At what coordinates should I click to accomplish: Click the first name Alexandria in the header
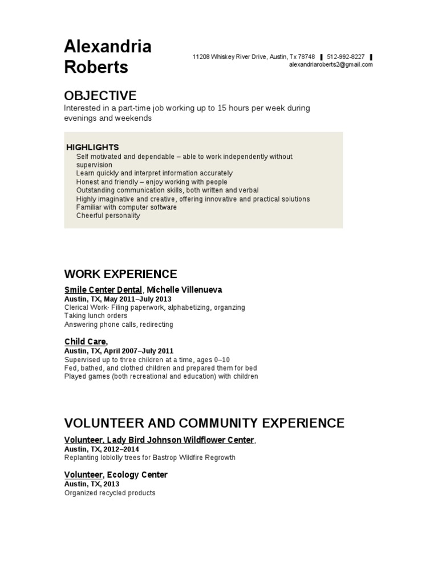click(107, 46)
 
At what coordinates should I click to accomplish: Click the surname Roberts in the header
click(96, 67)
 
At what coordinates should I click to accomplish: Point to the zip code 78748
click(306, 57)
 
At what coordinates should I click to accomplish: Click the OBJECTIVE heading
click(100, 95)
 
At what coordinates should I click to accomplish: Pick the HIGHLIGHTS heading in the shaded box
click(92, 147)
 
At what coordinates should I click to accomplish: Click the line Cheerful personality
click(108, 216)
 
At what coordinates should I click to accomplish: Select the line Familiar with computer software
click(126, 207)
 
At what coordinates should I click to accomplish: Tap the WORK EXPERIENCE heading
click(120, 274)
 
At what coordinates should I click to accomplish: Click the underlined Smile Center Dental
click(103, 290)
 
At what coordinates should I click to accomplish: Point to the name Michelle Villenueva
click(185, 290)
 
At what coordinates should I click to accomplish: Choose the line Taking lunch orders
click(96, 315)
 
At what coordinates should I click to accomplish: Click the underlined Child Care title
click(85, 342)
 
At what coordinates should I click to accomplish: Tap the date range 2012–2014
click(121, 449)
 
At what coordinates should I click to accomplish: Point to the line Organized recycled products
click(109, 492)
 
